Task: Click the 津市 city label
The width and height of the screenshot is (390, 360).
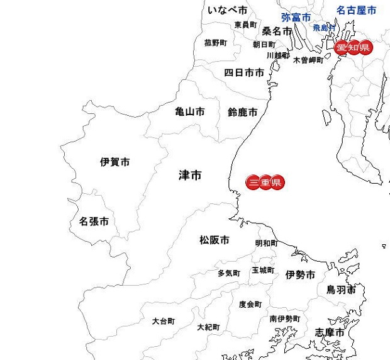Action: [190, 176]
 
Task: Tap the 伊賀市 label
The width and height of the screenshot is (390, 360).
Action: [115, 162]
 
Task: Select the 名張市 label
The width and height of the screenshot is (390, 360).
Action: [94, 222]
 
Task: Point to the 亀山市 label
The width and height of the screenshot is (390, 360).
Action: [189, 112]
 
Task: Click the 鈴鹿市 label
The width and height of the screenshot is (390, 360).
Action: [242, 113]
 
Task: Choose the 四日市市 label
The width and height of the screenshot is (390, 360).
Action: [244, 73]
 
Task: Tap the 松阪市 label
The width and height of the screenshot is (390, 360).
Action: [214, 240]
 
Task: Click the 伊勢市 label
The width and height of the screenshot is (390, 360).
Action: [300, 275]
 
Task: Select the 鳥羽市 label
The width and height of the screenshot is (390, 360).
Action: [340, 290]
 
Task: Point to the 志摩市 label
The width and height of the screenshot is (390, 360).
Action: [330, 332]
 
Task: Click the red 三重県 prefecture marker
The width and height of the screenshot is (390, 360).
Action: [265, 183]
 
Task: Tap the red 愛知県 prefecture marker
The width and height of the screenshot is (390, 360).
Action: [353, 48]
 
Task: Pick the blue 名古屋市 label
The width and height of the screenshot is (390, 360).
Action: [356, 11]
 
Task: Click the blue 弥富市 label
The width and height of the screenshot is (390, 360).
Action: [296, 18]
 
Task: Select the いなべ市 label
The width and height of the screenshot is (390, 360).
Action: [227, 10]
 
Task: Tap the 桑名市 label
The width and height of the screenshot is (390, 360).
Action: [277, 31]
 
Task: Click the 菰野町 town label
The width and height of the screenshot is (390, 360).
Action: [215, 43]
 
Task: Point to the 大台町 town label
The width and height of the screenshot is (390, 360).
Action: [164, 321]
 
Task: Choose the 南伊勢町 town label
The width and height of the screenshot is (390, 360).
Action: [285, 319]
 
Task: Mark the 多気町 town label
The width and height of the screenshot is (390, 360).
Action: [229, 274]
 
